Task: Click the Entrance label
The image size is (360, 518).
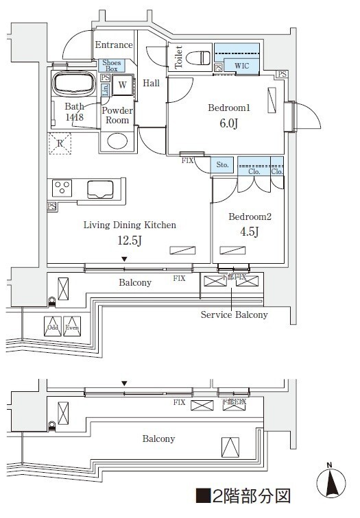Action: [113, 45]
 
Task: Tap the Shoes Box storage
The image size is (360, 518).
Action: [112, 66]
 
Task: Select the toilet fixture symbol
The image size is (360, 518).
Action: [200, 57]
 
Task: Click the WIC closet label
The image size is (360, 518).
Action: [241, 66]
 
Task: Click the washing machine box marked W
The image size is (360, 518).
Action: [121, 85]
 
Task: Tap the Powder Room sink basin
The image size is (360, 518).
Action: [117, 141]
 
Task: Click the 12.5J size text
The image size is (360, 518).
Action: [130, 240]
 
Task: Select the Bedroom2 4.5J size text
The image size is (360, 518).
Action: [250, 232]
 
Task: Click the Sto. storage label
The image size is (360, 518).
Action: [222, 165]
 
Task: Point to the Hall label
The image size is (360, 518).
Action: [151, 84]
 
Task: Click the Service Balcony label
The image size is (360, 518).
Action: [234, 314]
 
